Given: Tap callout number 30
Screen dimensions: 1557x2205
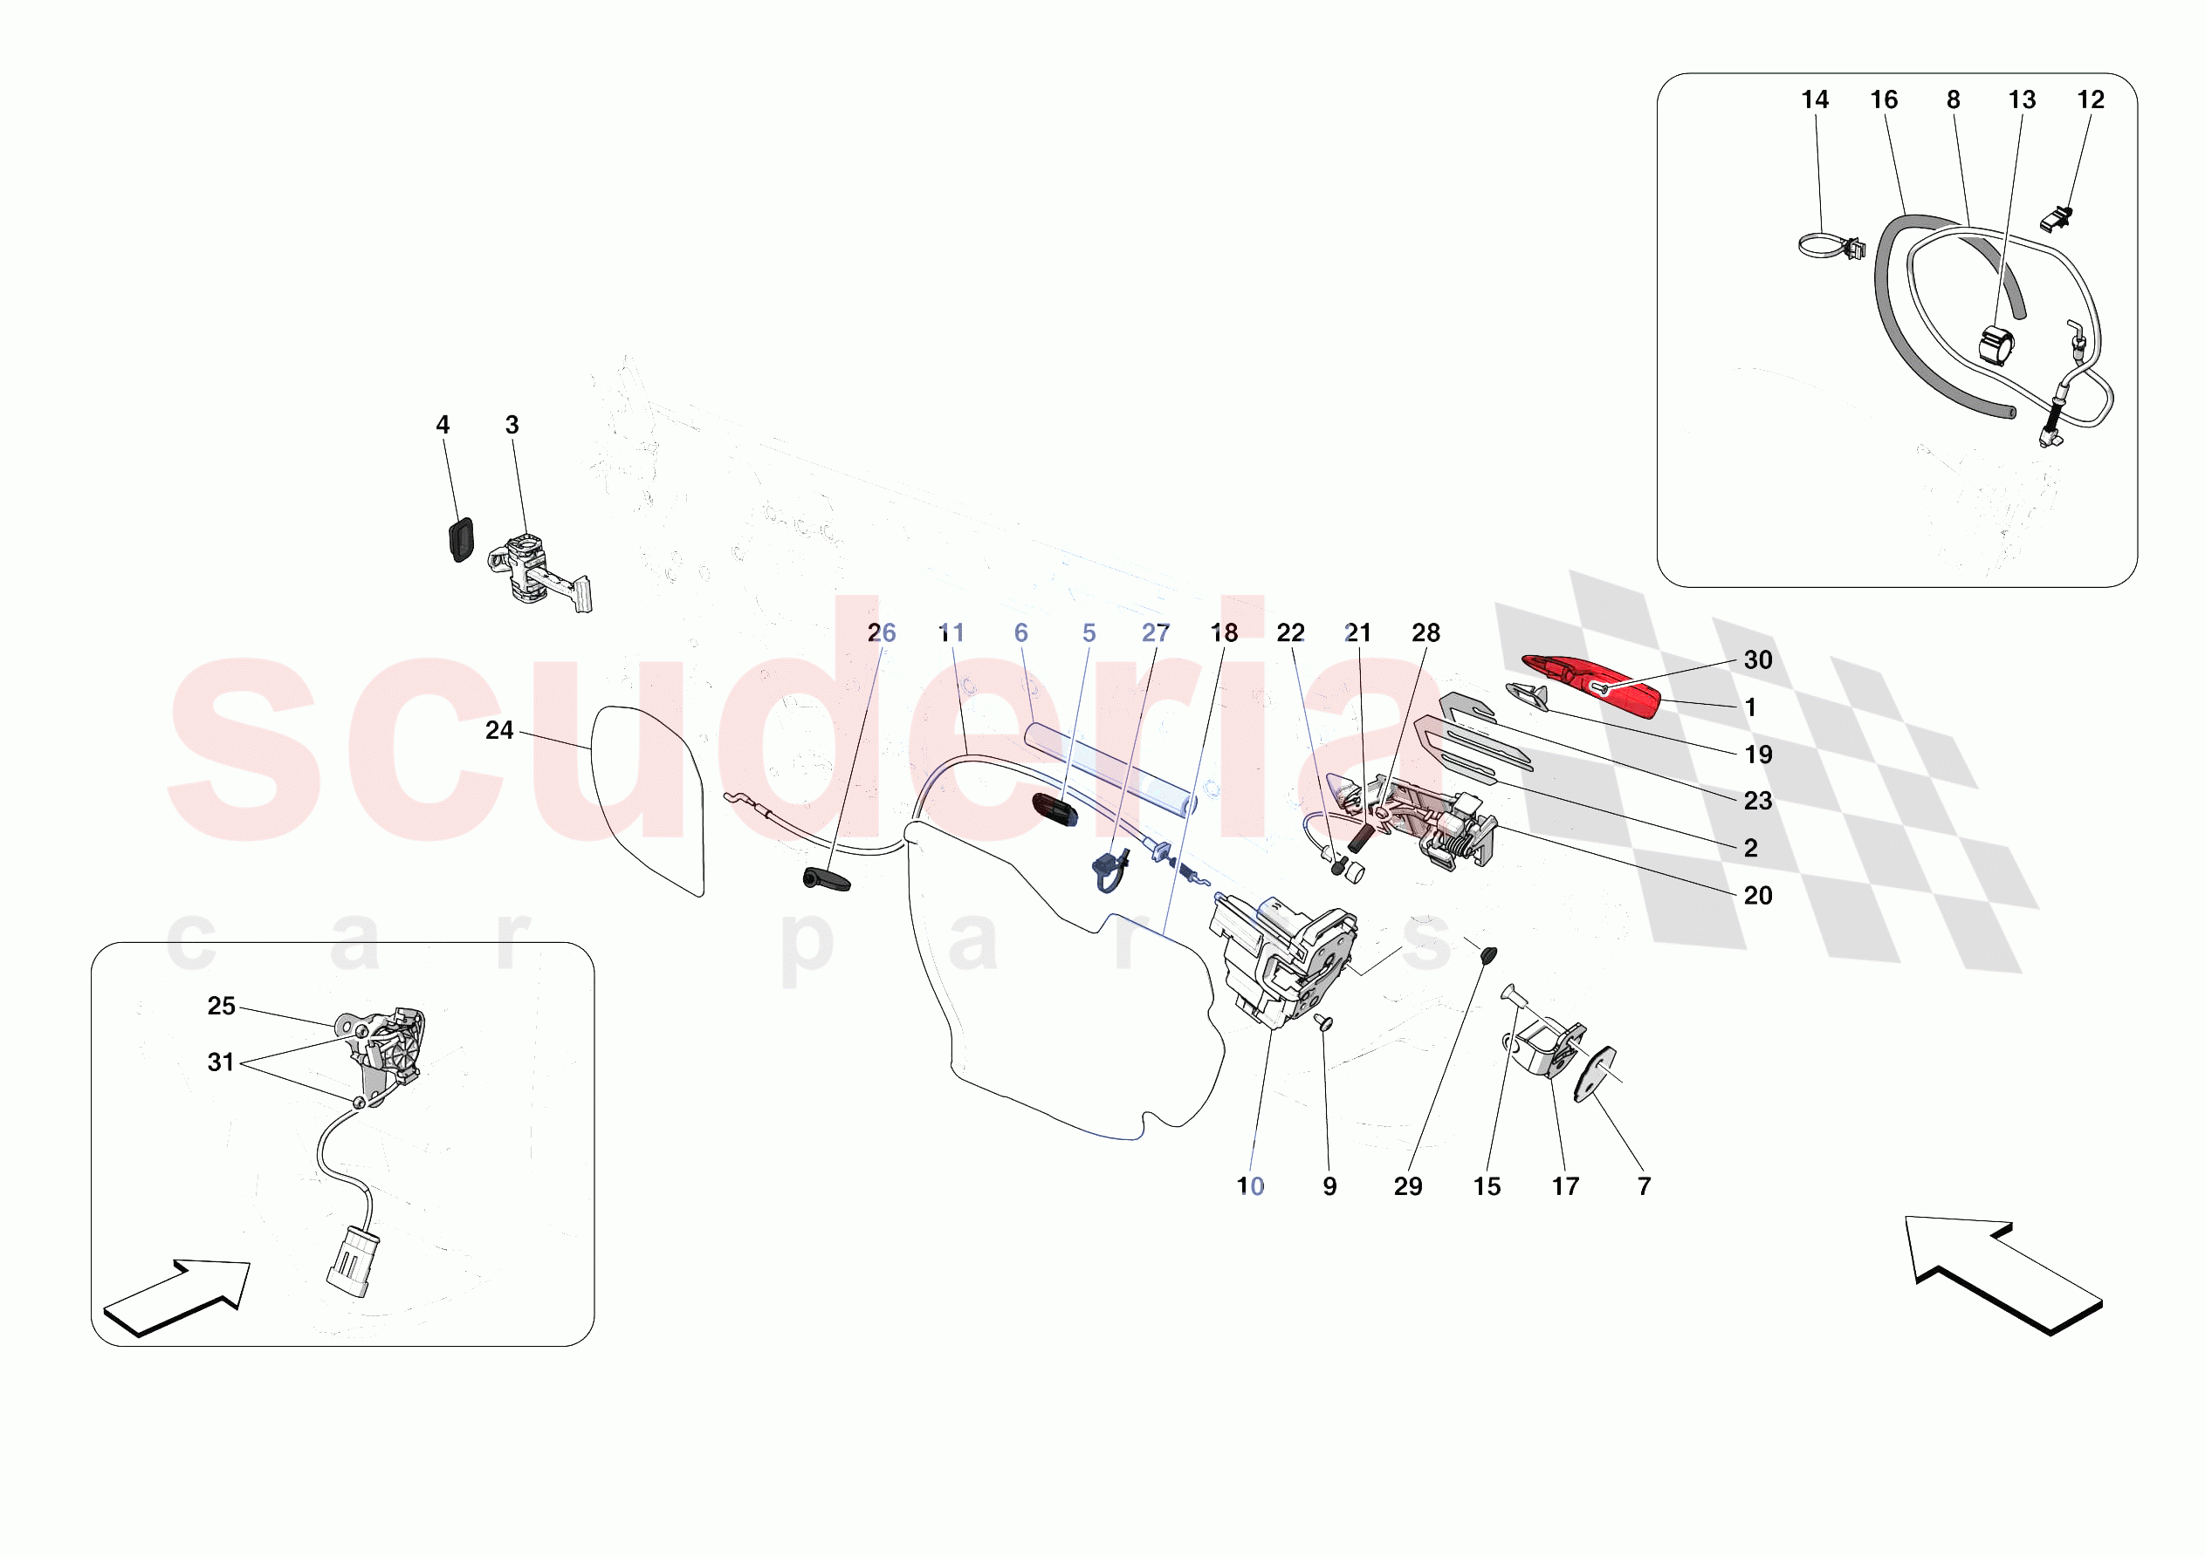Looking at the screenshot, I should (x=1757, y=660).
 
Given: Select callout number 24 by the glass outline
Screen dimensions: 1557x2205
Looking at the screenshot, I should (x=498, y=730).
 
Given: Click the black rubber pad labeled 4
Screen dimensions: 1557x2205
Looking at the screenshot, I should (x=461, y=538).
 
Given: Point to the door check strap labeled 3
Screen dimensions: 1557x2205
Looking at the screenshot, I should (x=538, y=572).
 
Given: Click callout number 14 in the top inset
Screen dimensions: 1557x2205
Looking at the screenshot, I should (x=1814, y=99).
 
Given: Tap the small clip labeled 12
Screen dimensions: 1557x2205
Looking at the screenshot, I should (x=2056, y=220).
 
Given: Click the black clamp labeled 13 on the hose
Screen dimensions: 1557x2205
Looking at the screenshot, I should (x=1996, y=346).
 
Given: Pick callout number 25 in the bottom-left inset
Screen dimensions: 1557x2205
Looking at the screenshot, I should (x=221, y=1006).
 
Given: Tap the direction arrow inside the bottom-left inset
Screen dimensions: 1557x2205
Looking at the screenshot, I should (x=179, y=1297).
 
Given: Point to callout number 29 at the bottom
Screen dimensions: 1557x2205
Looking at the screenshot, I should (x=1408, y=1186).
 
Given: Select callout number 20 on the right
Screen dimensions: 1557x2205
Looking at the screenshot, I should (x=1757, y=896).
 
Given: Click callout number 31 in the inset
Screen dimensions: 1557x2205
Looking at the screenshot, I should (x=221, y=1062).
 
